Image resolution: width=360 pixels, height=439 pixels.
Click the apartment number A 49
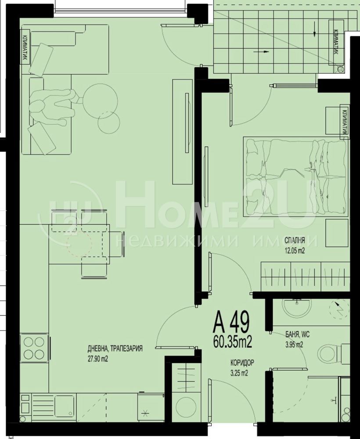[x=231, y=324]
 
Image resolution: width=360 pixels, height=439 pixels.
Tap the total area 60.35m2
[x=233, y=342]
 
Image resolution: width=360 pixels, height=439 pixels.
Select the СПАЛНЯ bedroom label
[x=295, y=240]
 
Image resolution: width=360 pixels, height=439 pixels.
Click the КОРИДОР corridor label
[x=242, y=363]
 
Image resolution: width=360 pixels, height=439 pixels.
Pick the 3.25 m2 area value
[x=239, y=373]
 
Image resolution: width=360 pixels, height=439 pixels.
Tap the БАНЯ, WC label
[x=297, y=335]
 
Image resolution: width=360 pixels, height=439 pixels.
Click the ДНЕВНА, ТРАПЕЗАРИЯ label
[x=115, y=349]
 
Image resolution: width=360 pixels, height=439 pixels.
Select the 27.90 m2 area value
[x=98, y=359]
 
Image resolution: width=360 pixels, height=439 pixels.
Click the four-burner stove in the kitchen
[x=34, y=348]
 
